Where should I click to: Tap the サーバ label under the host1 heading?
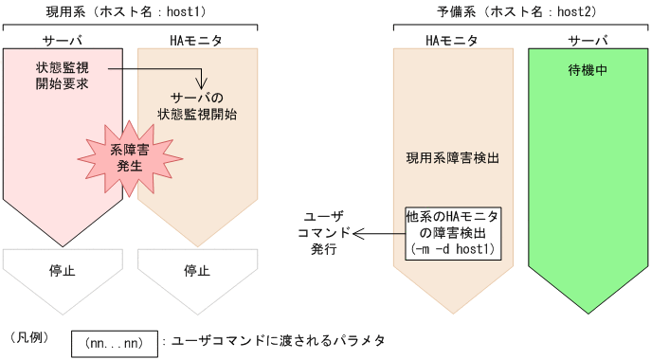[x=63, y=41]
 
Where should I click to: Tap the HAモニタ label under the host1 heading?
[x=196, y=41]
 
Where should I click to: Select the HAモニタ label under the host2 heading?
[x=451, y=41]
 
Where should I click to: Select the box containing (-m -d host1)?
[x=451, y=232]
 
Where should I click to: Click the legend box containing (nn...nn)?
[x=114, y=341]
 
